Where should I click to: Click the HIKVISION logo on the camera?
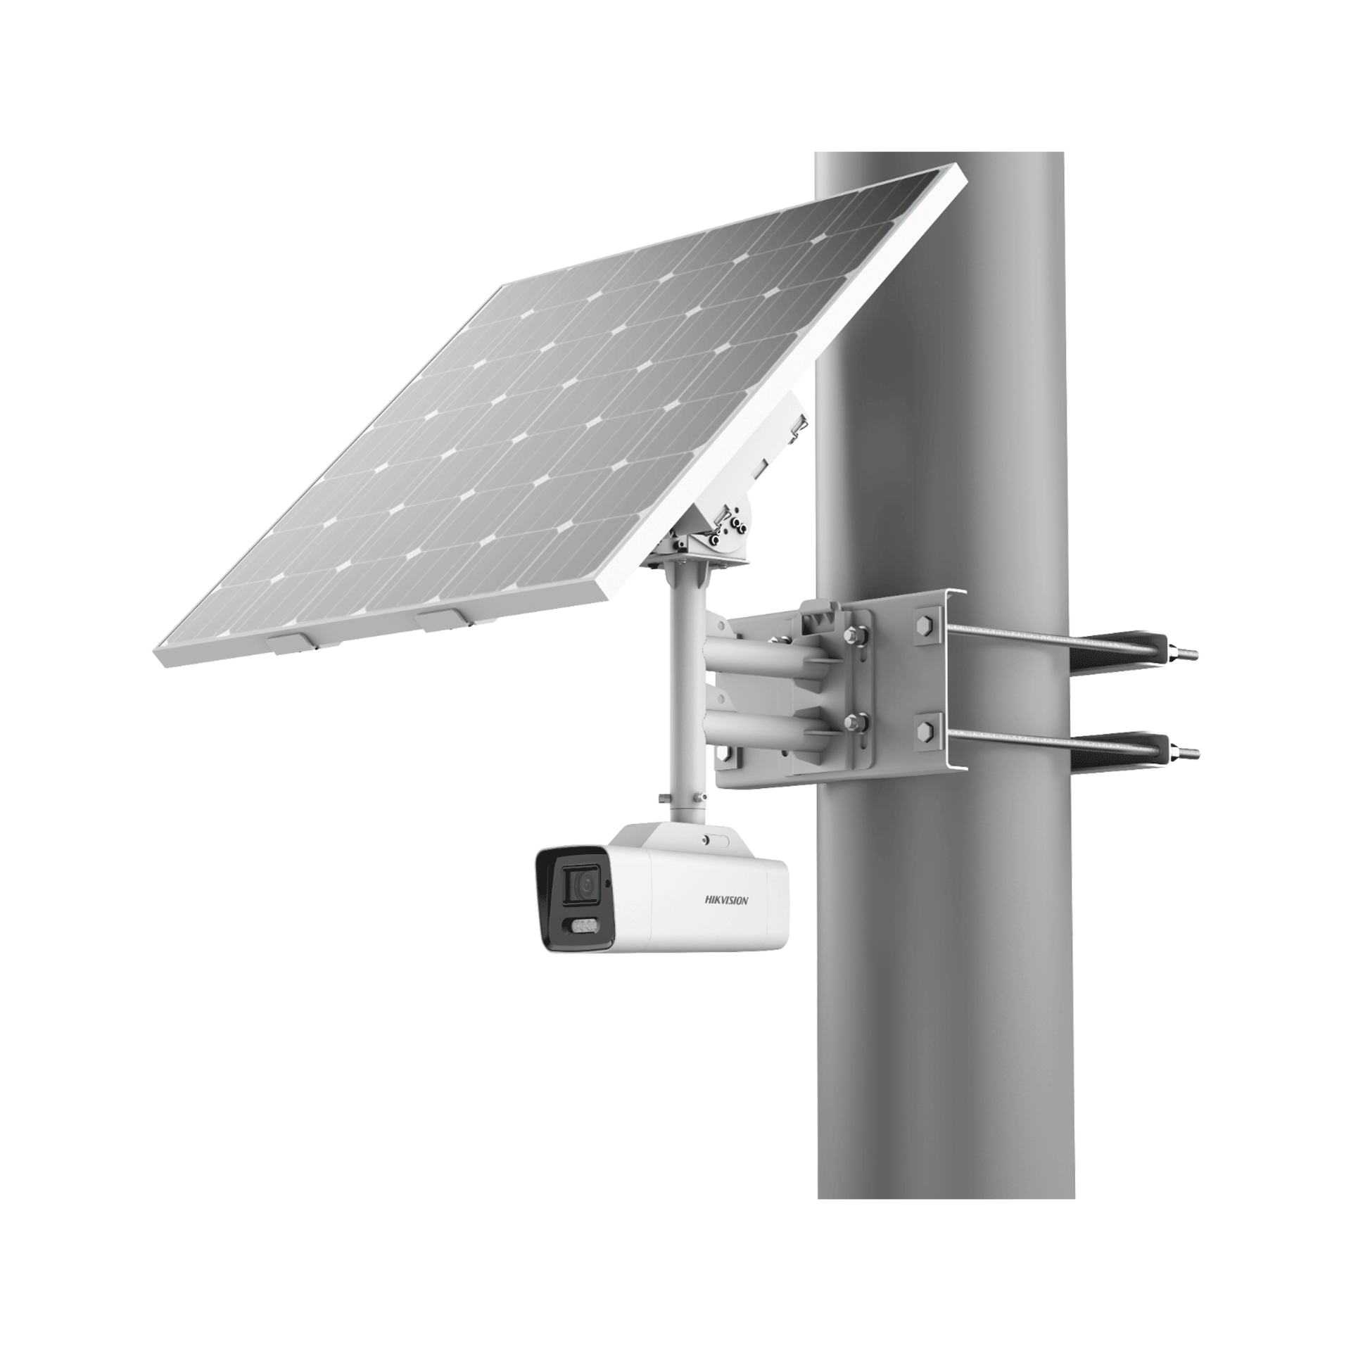(x=727, y=900)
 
